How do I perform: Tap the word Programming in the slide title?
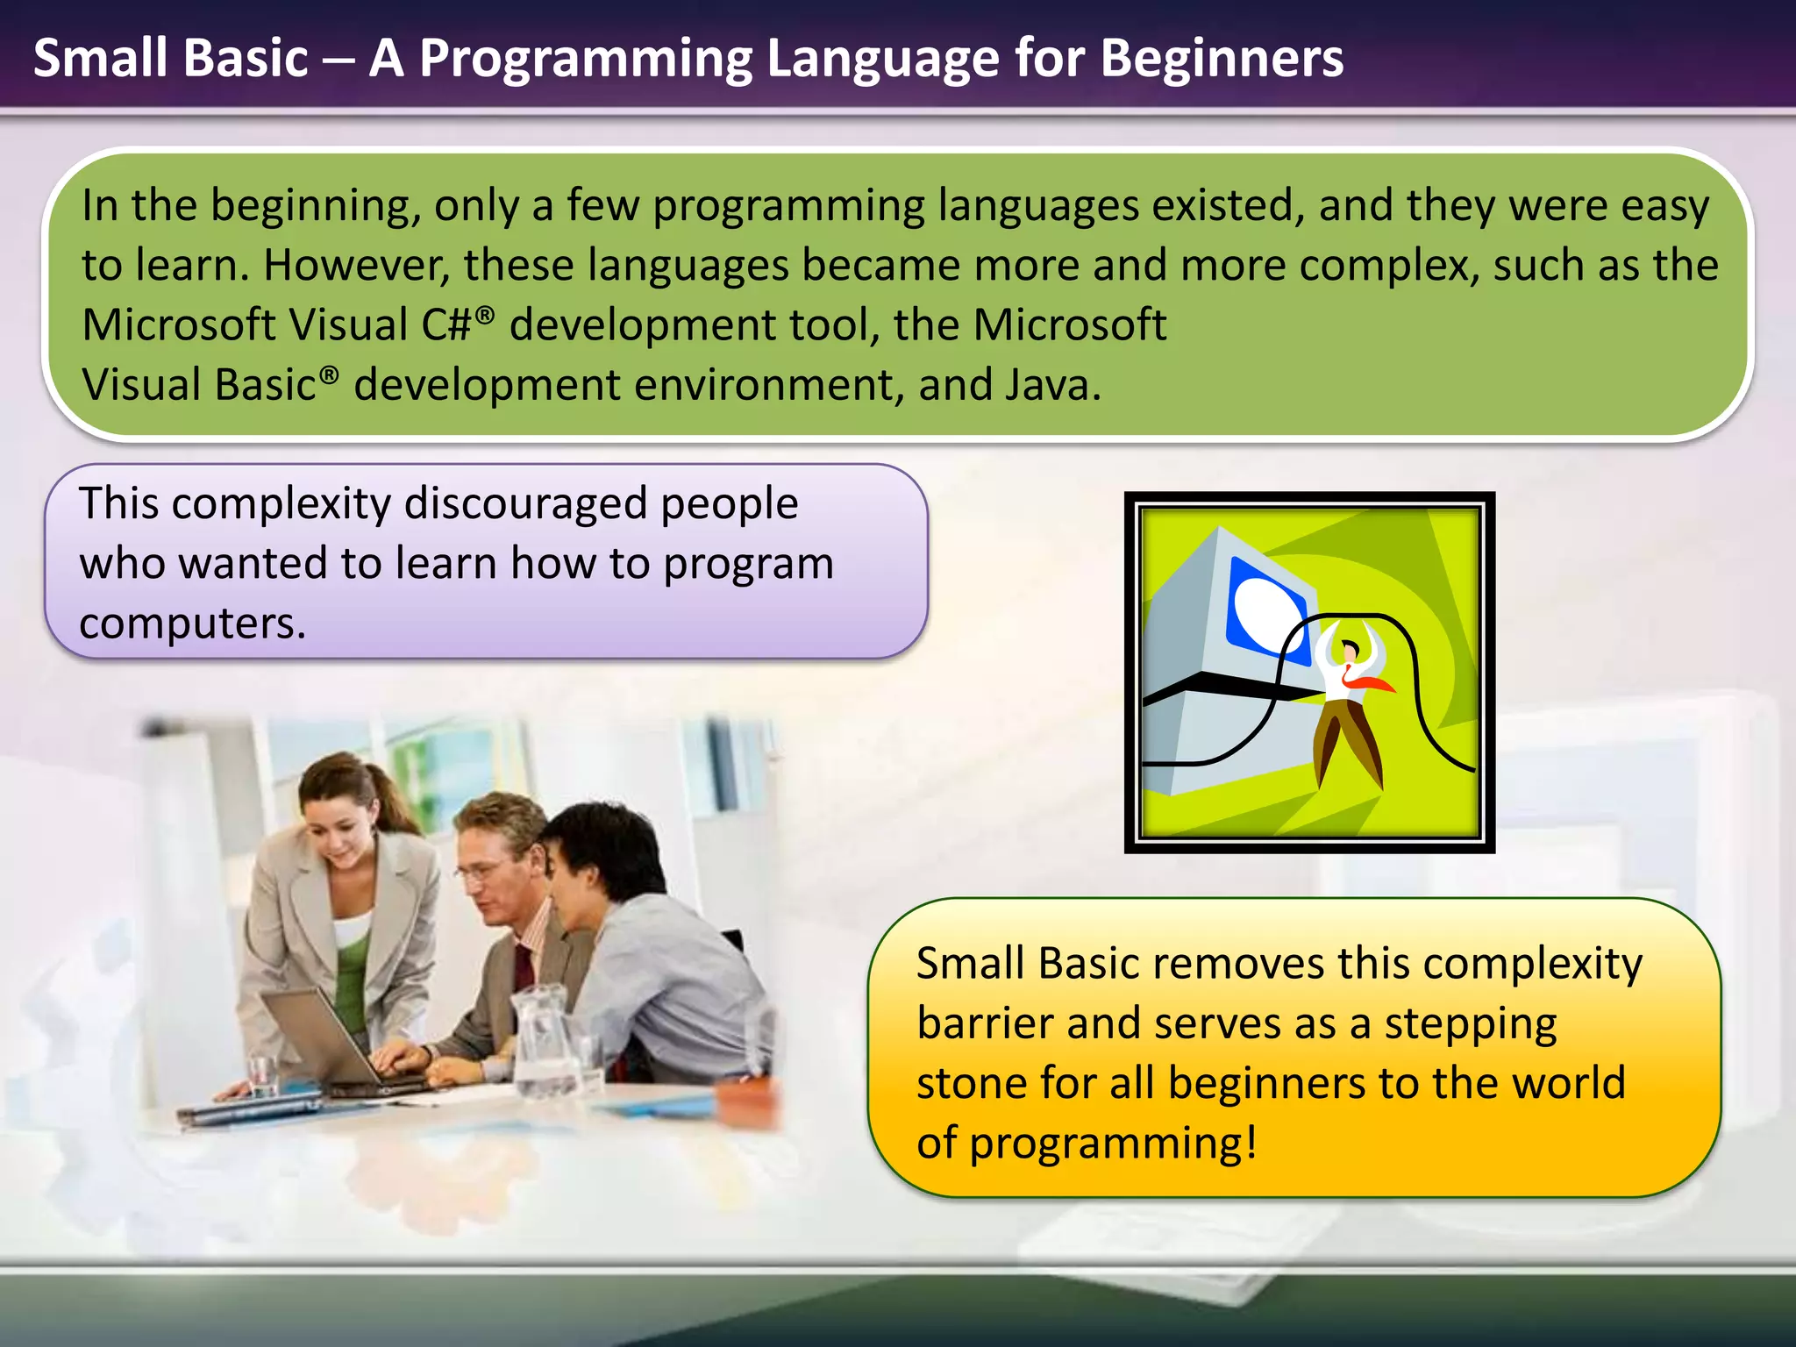pyautogui.click(x=586, y=60)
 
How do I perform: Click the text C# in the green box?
pyautogui.click(x=446, y=325)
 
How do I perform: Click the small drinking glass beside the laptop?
pyautogui.click(x=262, y=1077)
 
